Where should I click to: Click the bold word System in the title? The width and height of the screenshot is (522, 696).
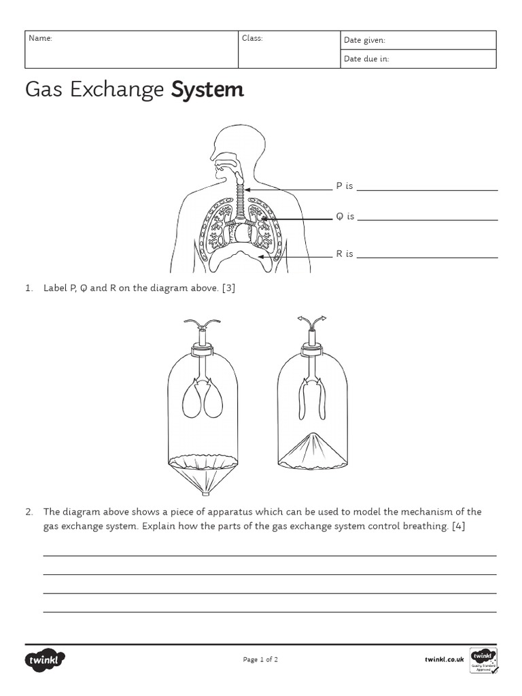207,90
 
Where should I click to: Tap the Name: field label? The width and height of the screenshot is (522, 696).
39,39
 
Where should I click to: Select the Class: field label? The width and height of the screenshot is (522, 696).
252,39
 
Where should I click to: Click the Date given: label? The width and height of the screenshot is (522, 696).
364,41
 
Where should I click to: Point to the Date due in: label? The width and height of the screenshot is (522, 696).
366,59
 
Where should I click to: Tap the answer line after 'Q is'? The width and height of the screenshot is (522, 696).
427,220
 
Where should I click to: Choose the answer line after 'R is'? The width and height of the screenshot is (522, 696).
427,258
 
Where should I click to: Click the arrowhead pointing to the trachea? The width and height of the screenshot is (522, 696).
248,190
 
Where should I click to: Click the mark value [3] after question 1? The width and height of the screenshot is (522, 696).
228,288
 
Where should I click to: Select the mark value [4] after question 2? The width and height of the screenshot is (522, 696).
457,527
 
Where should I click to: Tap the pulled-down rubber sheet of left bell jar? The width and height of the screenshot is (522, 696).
201,475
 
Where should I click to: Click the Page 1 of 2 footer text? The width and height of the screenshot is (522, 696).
260,659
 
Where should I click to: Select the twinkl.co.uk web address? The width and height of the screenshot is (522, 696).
444,659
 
